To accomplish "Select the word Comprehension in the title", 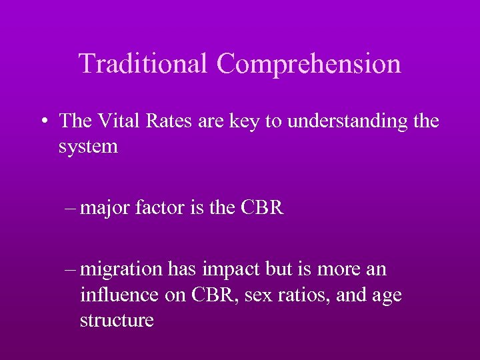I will tap(309, 63).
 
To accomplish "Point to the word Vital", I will tap(123, 121).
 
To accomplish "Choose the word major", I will tap(106, 208).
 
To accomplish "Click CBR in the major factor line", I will tap(261, 207).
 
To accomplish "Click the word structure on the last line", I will tap(117, 320).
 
